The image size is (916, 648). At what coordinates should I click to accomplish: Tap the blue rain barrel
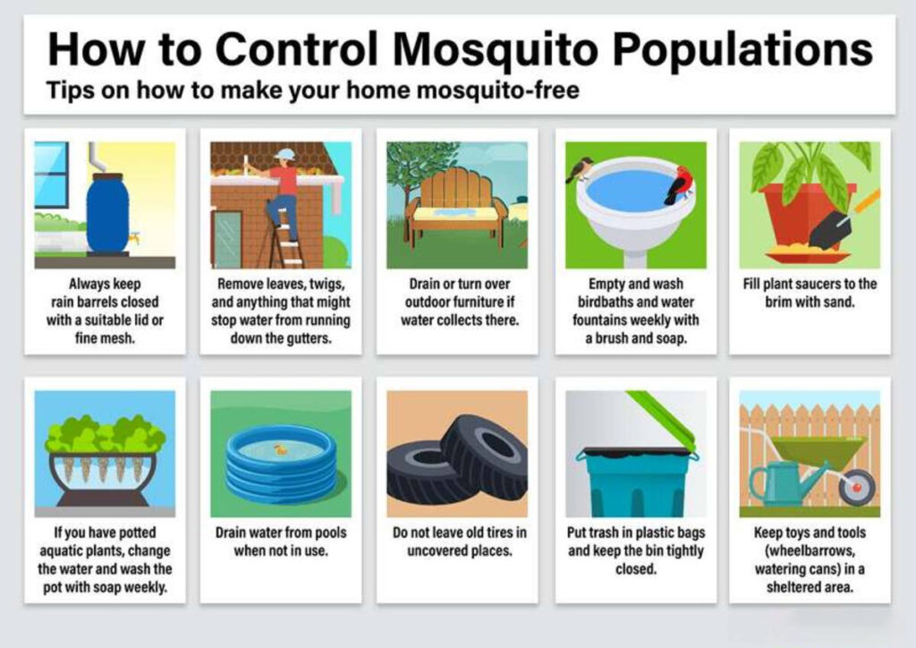coord(107,213)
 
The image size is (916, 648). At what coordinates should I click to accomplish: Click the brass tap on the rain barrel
coord(134,238)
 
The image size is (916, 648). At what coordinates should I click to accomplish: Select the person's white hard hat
coord(285,155)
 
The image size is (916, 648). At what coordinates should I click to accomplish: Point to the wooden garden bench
coord(457,204)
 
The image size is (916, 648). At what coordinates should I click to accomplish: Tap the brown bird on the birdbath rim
coord(580,169)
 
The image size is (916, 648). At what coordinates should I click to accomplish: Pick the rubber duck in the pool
coord(281,449)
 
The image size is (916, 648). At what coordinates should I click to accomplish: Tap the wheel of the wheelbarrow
coord(857,487)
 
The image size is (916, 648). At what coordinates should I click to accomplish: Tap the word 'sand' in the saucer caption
coord(841,303)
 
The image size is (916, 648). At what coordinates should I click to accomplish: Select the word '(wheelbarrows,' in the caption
coord(810,551)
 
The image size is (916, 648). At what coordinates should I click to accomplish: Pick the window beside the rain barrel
coord(51,175)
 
